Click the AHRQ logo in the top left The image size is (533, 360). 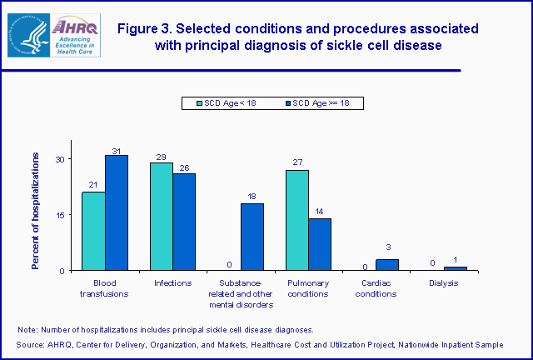(54, 35)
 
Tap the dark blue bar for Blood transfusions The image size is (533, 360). (117, 212)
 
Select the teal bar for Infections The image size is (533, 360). (162, 216)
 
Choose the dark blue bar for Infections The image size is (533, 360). (184, 222)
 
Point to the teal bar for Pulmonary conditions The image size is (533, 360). (297, 220)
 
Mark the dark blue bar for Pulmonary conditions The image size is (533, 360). (320, 244)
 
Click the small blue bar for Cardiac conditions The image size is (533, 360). (387, 264)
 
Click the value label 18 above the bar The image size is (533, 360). (252, 197)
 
